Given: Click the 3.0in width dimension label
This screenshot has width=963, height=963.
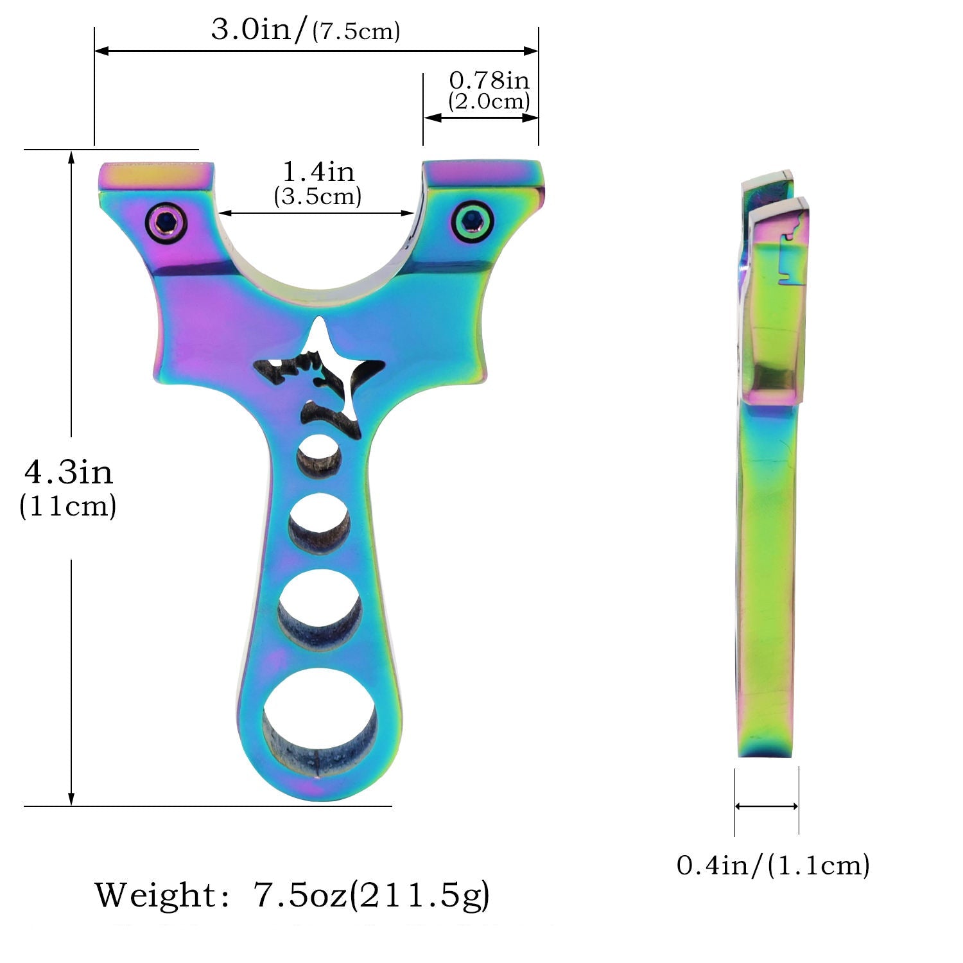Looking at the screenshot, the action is coord(306,30).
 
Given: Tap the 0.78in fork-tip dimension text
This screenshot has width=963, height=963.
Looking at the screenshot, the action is coord(489,80).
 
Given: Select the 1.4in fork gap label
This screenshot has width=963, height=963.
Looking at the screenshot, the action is coord(318,171).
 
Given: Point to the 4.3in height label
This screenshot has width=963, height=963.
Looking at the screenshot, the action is coord(69,473).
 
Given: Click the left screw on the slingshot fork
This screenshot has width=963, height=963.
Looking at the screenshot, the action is coord(166,223).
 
